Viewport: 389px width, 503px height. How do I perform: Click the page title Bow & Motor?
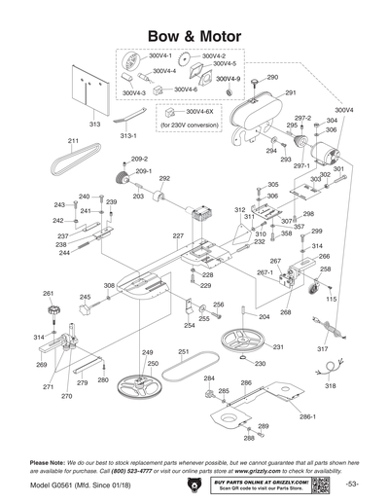(194, 35)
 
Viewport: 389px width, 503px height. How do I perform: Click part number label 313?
(95, 125)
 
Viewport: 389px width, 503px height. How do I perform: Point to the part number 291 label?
(290, 92)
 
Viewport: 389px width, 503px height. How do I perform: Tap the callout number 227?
(178, 236)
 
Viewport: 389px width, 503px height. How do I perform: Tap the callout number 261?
(48, 293)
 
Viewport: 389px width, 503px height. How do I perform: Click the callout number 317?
(323, 347)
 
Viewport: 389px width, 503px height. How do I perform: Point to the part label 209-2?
(139, 158)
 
